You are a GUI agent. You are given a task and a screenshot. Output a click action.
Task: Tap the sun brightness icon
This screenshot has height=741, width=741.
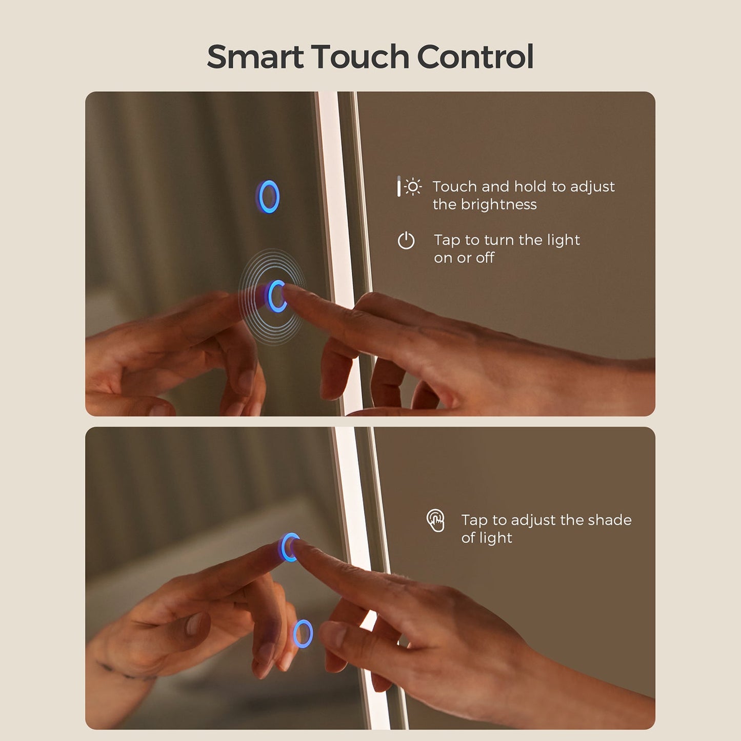(413, 187)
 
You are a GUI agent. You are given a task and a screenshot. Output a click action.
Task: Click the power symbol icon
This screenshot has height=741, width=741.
(406, 241)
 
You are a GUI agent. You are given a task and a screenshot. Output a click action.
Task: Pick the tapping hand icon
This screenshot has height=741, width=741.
(435, 520)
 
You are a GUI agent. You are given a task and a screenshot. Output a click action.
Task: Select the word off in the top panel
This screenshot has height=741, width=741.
(485, 257)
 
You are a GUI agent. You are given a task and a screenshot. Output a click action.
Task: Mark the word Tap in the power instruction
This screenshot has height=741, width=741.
(447, 241)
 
